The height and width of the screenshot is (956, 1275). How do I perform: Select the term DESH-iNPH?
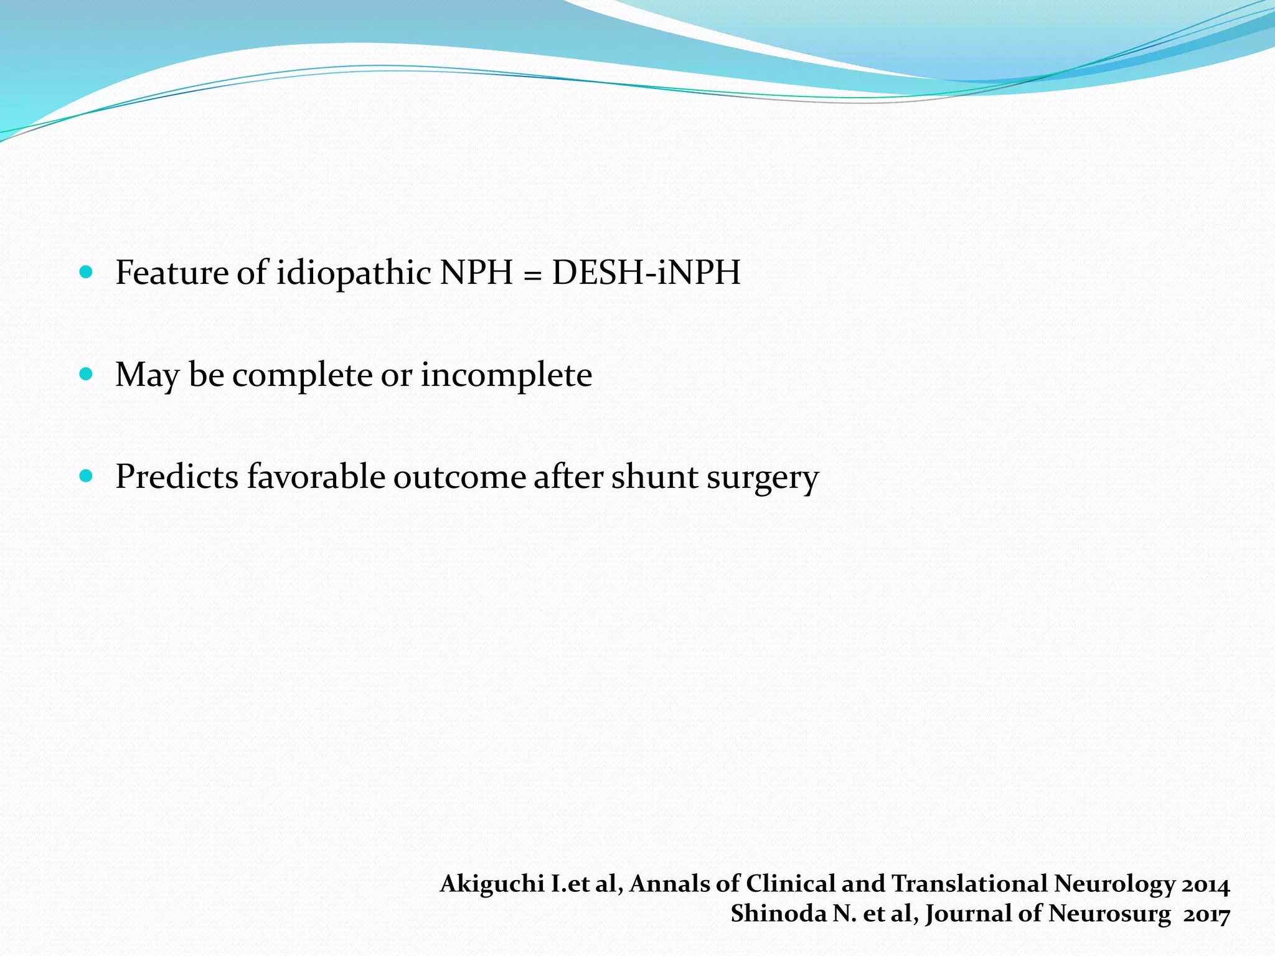click(x=646, y=273)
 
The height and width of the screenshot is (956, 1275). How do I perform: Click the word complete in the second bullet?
click(x=302, y=375)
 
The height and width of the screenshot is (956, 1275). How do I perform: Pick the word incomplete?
click(x=506, y=375)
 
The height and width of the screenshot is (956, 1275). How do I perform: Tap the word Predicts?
click(x=177, y=477)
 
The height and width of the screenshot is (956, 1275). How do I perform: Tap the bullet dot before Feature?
click(x=87, y=272)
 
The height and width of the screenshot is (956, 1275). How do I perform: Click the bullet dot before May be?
click(x=87, y=374)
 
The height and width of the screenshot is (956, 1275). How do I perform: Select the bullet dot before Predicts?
click(x=87, y=476)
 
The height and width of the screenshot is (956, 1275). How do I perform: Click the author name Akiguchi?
click(x=492, y=884)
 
